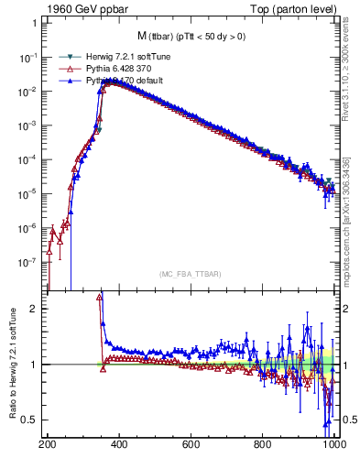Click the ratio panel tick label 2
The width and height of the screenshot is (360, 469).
click(x=38, y=309)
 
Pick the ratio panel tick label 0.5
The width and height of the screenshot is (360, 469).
click(x=34, y=420)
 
